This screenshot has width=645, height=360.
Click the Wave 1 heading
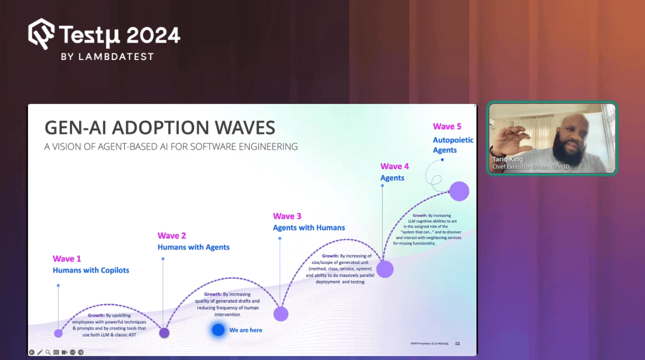pyautogui.click(x=67, y=259)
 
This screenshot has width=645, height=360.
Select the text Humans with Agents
pyautogui.click(x=193, y=247)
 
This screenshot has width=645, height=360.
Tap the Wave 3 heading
pyautogui.click(x=287, y=216)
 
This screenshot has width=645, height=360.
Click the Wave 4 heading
pyautogui.click(x=395, y=166)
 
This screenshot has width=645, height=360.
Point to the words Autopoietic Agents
pyautogui.click(x=453, y=145)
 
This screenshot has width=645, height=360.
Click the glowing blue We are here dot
pyautogui.click(x=218, y=330)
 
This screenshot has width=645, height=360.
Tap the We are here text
pyautogui.click(x=245, y=330)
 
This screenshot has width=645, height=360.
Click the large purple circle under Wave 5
pyautogui.click(x=459, y=191)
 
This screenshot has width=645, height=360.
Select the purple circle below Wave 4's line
pyautogui.click(x=385, y=269)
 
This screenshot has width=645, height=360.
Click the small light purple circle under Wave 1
pyautogui.click(x=58, y=333)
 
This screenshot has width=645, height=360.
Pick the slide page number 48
pyautogui.click(x=457, y=344)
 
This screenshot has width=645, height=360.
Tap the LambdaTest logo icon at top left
pyautogui.click(x=41, y=34)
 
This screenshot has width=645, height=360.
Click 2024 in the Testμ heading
pyautogui.click(x=153, y=36)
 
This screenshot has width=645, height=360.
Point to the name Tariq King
pyautogui.click(x=507, y=159)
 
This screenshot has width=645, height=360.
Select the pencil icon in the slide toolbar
pyautogui.click(x=40, y=352)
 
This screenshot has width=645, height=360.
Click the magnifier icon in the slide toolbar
pyautogui.click(x=48, y=352)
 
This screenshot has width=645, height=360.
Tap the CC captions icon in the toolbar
pyautogui.click(x=56, y=352)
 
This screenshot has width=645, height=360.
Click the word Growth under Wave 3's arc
pyautogui.click(x=330, y=256)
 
